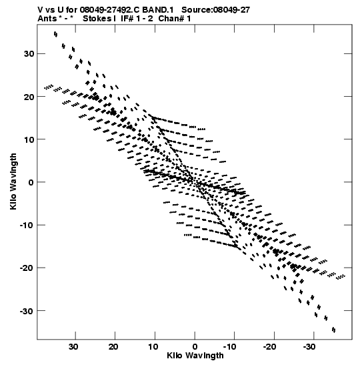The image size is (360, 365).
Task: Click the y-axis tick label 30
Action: coord(29,54)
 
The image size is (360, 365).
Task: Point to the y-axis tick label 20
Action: coord(29,97)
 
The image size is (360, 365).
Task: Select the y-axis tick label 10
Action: coord(29,139)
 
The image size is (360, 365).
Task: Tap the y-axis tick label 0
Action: coord(31,182)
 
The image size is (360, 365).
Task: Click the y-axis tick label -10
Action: coord(27,225)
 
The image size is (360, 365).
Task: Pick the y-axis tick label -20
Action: coord(27,268)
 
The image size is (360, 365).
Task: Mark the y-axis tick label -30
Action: coord(27,311)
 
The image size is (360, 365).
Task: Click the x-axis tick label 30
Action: coord(73,347)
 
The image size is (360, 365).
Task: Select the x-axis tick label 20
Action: coord(113,347)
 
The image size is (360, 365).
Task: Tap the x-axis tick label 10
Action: coord(153,347)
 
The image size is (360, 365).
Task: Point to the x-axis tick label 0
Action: coord(195,347)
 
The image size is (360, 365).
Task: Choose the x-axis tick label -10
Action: coord(230,347)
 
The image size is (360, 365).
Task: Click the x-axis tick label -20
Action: coord(270,347)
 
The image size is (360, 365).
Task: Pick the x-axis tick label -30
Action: coord(309,347)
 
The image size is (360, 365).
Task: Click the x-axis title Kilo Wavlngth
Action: coord(195,356)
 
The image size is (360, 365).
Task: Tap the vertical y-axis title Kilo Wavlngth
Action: coord(13,181)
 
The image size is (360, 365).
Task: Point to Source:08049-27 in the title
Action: coord(215,10)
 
